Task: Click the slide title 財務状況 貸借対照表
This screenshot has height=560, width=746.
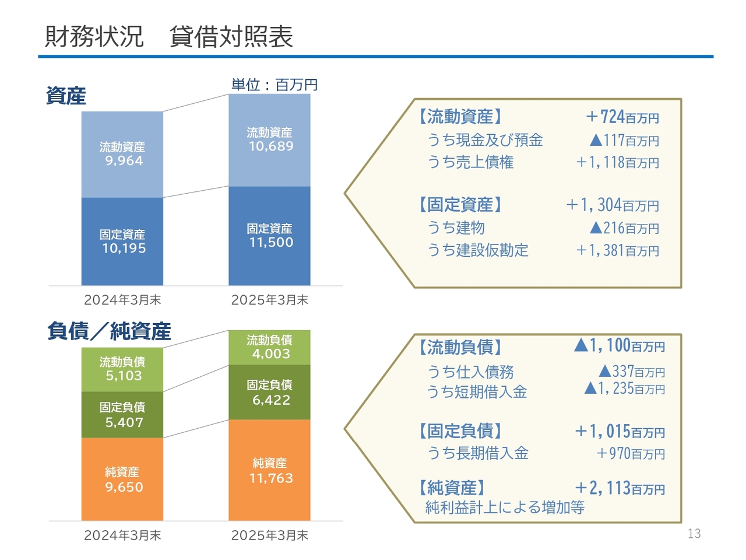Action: coord(168,36)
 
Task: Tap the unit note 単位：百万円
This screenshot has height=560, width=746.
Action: coord(275,85)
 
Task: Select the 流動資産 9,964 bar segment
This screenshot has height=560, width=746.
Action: coord(122,155)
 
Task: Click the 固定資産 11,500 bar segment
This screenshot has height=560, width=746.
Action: coord(269,236)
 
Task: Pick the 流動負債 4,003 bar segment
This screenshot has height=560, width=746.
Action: coord(269,347)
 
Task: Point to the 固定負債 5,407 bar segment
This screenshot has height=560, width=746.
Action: coord(122,415)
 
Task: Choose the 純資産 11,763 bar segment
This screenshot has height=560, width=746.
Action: coord(269,470)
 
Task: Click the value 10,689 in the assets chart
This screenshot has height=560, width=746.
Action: coord(271,146)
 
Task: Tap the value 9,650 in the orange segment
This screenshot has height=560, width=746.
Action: coord(124,487)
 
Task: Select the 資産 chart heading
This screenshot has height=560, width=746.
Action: coord(66,96)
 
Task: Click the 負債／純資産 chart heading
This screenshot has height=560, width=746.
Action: coord(109,331)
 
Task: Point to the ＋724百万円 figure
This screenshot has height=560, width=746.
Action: coord(622,117)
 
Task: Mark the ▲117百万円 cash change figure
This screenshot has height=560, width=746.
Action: coord(624,140)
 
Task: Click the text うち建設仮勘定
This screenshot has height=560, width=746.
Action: coord(478,250)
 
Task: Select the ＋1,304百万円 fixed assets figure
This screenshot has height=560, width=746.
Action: coord(613,205)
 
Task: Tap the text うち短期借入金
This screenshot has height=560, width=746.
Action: coord(477,391)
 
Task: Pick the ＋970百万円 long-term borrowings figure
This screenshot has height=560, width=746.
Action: coord(631,453)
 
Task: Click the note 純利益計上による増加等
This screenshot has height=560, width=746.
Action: coord(505,507)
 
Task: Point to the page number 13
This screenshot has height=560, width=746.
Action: coord(694,534)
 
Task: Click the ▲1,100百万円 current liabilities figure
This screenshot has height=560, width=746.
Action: coord(619,345)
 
